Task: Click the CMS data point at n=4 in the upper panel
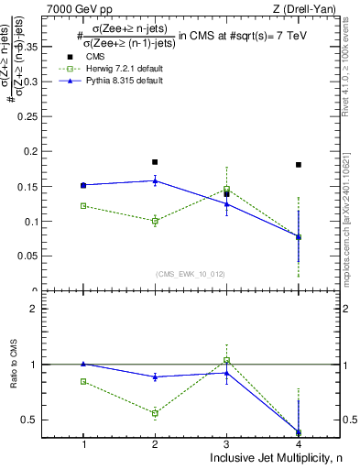[x=299, y=165]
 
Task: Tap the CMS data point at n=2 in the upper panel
[x=155, y=162]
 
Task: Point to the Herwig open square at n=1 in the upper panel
[x=83, y=206]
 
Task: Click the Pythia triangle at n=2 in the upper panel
[x=155, y=180]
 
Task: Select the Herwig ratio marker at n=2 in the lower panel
[x=155, y=413]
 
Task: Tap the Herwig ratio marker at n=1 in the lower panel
[x=83, y=381]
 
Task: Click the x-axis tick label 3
[x=226, y=444]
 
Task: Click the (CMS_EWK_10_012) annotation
[x=191, y=273]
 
